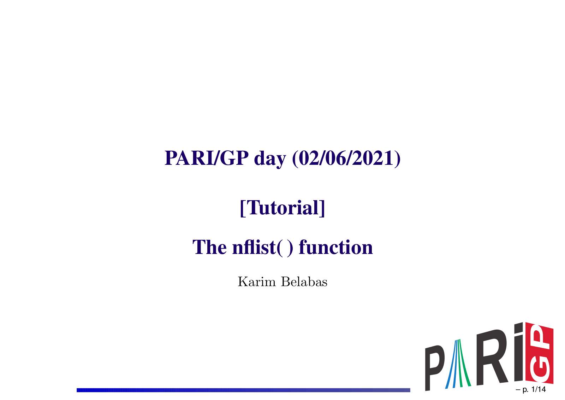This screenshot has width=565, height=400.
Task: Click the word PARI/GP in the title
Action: pyautogui.click(x=207, y=158)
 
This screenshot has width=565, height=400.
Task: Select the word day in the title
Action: pyautogui.click(x=270, y=159)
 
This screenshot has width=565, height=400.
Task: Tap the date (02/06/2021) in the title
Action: pyautogui.click(x=346, y=158)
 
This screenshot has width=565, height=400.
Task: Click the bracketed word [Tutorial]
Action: pyautogui.click(x=282, y=208)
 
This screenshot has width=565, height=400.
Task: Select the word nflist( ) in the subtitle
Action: pyautogui.click(x=263, y=247)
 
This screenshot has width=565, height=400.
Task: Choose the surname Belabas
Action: pyautogui.click(x=304, y=282)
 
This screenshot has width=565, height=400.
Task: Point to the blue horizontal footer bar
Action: pyautogui.click(x=243, y=390)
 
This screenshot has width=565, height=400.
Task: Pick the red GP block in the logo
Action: pyautogui.click(x=539, y=353)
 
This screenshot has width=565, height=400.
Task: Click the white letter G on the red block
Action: pyautogui.click(x=540, y=369)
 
